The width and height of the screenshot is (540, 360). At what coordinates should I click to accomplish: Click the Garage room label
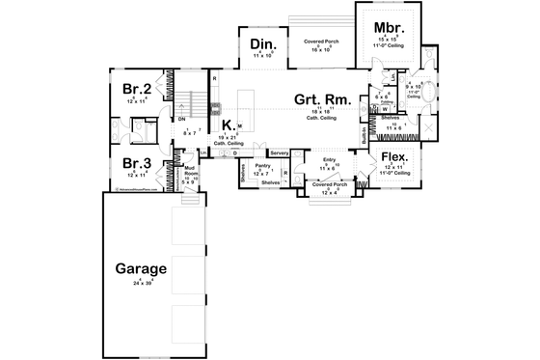click(x=142, y=269)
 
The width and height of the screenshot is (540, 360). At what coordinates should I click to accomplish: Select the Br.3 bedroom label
click(x=135, y=164)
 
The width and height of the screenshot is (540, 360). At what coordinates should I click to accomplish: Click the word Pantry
click(x=261, y=165)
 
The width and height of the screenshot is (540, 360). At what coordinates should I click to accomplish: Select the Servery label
click(x=280, y=152)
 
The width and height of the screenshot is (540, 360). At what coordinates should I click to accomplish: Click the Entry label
click(x=329, y=160)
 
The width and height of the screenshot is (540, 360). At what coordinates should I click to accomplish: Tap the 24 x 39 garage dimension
click(x=143, y=284)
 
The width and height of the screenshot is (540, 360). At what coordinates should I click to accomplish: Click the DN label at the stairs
click(x=180, y=119)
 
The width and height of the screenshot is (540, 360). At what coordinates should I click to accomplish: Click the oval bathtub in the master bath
click(x=430, y=95)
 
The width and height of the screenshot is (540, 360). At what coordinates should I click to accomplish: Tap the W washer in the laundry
click(x=384, y=108)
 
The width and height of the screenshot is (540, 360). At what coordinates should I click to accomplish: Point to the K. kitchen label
click(x=227, y=125)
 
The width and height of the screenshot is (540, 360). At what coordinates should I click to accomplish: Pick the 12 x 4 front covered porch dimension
click(x=329, y=194)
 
